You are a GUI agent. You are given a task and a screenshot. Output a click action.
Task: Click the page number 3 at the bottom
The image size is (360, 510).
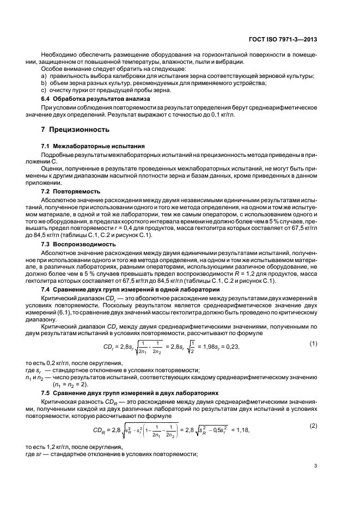(316, 465)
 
